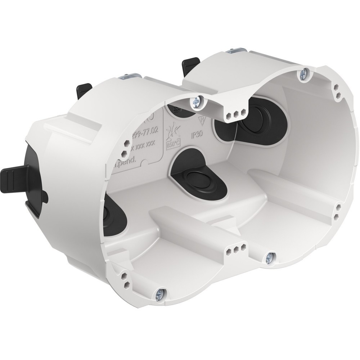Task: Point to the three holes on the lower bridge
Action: [x=236, y=248]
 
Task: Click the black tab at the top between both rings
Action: [x=190, y=64]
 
